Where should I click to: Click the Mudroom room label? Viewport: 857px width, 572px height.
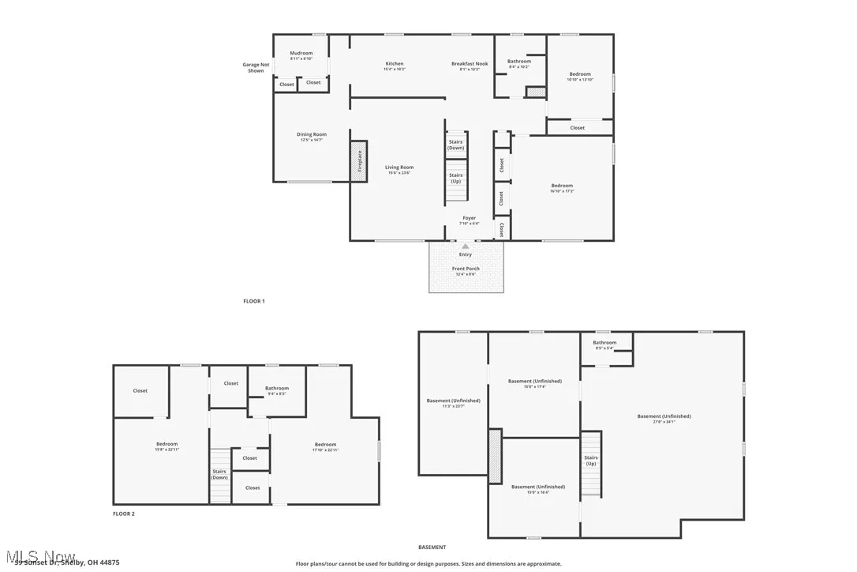[301, 54]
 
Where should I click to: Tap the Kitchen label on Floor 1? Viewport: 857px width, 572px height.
[394, 64]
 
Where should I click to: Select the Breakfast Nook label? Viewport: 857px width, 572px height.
[470, 64]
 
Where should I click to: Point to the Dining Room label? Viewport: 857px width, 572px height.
[311, 135]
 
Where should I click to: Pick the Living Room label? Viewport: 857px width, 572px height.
[399, 167]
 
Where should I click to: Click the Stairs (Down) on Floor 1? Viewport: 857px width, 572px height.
[456, 145]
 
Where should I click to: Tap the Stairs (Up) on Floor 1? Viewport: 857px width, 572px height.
[456, 178]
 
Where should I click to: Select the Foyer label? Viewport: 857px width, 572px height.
[469, 218]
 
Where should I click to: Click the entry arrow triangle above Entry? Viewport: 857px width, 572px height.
[466, 246]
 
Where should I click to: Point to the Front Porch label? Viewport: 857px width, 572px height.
[466, 269]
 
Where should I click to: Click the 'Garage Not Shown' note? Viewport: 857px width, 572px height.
[256, 67]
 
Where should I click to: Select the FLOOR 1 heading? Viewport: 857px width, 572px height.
[253, 301]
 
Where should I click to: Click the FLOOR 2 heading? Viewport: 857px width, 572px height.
[124, 514]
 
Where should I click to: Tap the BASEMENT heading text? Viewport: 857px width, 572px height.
[432, 547]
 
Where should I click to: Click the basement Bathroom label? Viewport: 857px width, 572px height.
[604, 343]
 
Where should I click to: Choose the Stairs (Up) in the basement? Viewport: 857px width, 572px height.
[591, 461]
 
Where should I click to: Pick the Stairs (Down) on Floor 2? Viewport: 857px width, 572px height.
[219, 474]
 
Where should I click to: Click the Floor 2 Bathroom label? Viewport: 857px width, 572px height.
[276, 389]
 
